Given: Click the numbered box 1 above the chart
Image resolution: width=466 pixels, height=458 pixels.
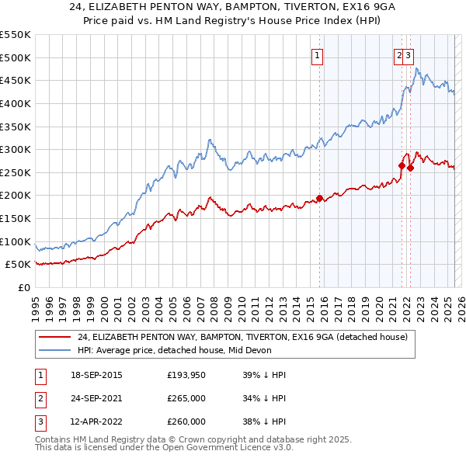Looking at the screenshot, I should [x=318, y=55].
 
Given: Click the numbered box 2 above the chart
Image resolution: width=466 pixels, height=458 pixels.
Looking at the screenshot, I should [x=399, y=55].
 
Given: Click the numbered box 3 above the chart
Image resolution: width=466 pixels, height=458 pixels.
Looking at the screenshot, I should [x=409, y=55].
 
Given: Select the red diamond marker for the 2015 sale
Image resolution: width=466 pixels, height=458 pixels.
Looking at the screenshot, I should [x=319, y=198].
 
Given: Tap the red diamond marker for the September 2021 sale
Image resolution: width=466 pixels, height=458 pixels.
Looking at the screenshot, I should [x=402, y=165].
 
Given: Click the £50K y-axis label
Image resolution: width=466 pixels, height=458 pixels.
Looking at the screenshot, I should [x=19, y=264].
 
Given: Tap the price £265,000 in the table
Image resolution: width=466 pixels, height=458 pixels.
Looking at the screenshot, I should [x=186, y=398].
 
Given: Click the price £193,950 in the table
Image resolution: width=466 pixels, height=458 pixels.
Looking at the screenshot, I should [x=186, y=375].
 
